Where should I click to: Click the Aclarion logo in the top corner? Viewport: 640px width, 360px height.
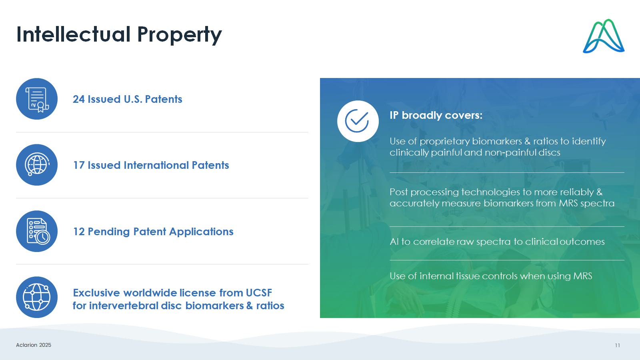604,36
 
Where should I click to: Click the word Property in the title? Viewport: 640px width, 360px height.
180,35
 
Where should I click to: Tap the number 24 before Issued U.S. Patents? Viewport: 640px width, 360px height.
78,99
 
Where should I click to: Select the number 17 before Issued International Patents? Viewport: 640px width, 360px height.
78,165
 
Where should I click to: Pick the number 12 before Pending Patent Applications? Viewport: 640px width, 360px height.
79,232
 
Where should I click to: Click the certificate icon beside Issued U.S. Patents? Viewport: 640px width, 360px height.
37,99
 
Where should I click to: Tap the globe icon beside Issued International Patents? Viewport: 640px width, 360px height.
37,165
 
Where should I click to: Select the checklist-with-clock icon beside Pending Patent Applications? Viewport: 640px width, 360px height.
37,231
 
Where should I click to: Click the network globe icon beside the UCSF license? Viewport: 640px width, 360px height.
37,297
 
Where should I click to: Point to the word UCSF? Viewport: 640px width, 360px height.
259,293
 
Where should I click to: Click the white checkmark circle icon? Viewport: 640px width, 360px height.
358,121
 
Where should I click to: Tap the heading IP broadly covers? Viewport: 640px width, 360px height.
436,115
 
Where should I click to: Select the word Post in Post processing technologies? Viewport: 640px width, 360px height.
398,192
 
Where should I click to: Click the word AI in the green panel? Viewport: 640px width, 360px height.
394,242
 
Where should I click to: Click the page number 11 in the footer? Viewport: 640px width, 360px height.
618,346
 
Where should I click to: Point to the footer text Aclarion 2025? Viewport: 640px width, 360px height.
34,345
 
